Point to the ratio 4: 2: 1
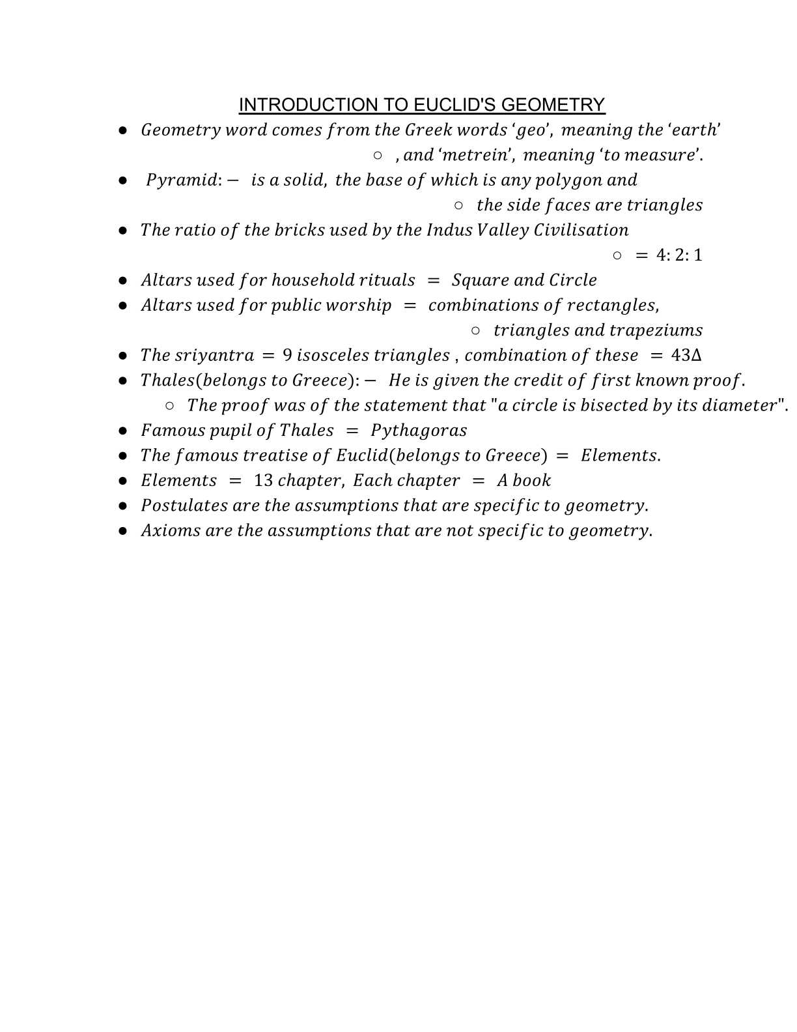pos(679,255)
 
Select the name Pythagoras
pos(419,431)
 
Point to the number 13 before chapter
pos(263,481)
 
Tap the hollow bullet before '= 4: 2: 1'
pos(617,255)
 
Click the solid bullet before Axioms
pos(123,531)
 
